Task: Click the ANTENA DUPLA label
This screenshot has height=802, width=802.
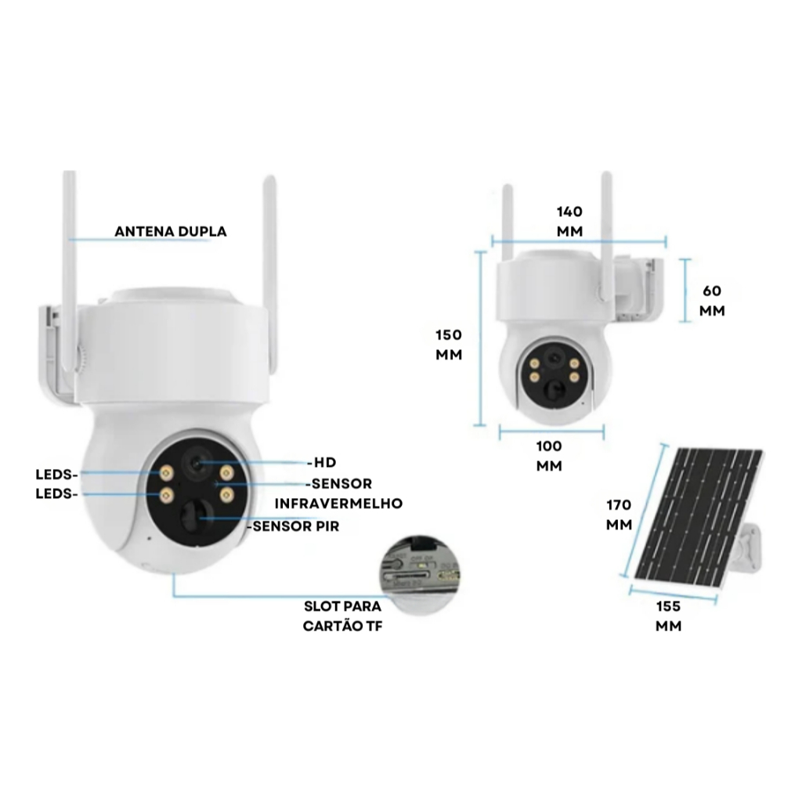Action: click(170, 231)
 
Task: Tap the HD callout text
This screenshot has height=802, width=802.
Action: click(323, 463)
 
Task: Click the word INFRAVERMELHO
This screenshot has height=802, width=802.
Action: click(338, 503)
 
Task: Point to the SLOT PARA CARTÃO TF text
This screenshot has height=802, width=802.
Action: click(343, 616)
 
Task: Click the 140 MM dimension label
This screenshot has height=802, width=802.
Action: click(569, 221)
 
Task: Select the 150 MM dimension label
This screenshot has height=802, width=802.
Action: click(449, 344)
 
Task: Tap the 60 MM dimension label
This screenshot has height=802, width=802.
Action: click(712, 300)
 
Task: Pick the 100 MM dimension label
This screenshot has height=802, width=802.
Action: click(549, 456)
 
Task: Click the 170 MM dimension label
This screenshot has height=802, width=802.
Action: click(619, 514)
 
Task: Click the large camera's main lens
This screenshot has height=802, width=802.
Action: click(195, 464)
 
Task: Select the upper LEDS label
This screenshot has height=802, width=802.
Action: click(57, 474)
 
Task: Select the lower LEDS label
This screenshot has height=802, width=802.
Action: click(57, 494)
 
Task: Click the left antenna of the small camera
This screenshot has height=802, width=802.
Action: click(508, 223)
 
